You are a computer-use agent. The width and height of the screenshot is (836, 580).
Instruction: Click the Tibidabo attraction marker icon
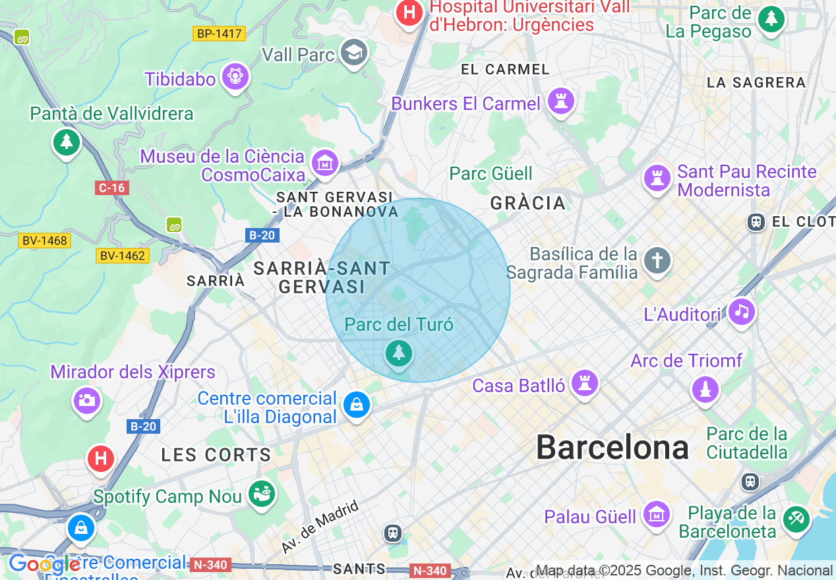click(x=235, y=77)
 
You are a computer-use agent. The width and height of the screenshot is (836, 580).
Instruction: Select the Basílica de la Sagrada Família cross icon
click(x=657, y=260)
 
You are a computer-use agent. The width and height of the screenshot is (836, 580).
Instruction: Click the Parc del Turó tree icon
click(x=398, y=354)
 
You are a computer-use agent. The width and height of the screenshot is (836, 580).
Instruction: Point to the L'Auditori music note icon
click(x=742, y=312)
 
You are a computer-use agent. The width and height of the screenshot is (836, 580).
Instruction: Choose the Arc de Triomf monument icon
click(x=705, y=389)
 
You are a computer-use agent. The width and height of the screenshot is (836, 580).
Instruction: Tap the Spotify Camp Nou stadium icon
click(x=262, y=494)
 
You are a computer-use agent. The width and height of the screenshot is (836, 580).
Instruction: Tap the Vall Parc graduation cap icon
click(x=354, y=53)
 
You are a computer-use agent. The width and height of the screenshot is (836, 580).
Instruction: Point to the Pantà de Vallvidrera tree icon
click(x=66, y=142)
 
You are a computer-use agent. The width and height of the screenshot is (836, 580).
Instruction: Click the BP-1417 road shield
click(x=219, y=34)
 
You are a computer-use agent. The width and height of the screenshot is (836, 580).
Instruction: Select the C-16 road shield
click(x=111, y=188)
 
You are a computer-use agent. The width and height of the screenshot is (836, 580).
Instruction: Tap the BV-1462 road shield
click(x=123, y=255)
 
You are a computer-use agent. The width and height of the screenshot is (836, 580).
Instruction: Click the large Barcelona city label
click(x=612, y=448)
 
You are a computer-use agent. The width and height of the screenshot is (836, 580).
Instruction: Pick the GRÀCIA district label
click(x=527, y=203)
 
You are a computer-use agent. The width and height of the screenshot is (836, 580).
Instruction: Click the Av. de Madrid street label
click(x=320, y=527)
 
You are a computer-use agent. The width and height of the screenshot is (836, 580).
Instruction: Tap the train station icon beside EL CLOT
click(x=756, y=222)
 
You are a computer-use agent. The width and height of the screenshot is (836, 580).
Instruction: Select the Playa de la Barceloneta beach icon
click(x=796, y=519)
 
